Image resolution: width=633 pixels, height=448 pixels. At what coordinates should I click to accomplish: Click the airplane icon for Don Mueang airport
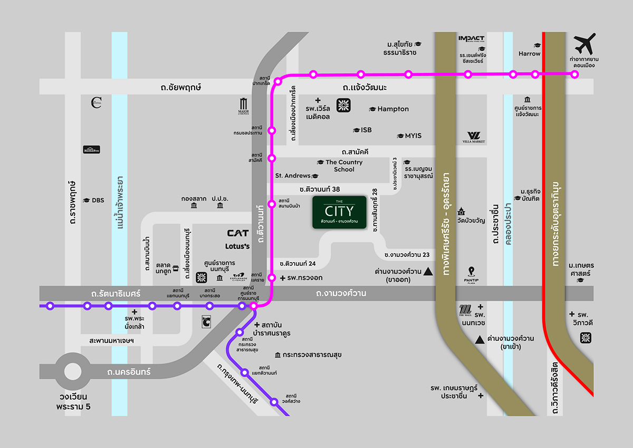584,43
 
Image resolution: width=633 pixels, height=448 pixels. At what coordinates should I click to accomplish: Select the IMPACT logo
471,38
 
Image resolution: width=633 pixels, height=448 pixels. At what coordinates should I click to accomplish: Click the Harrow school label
529,53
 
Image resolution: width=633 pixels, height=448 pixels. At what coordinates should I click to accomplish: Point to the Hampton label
393,109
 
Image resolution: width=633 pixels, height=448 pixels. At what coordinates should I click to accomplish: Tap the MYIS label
413,136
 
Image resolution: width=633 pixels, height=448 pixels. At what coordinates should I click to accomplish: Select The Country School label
344,166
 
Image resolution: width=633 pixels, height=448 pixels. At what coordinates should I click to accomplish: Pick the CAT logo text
238,233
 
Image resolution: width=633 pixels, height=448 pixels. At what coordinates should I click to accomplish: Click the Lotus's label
237,246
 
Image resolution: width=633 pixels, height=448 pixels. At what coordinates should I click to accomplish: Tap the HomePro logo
92,150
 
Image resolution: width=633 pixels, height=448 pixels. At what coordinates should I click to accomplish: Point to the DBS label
98,200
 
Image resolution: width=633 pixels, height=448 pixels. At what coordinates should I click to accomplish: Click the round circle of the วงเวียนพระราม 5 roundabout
74,371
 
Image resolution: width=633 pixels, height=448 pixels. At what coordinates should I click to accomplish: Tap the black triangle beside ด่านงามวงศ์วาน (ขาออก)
428,272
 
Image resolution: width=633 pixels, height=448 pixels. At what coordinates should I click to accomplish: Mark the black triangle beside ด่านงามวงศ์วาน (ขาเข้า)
479,339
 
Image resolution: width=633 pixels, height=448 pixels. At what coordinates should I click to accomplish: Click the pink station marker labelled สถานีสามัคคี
272,158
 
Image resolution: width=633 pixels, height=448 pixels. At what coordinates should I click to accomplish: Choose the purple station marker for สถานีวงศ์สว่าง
274,402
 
